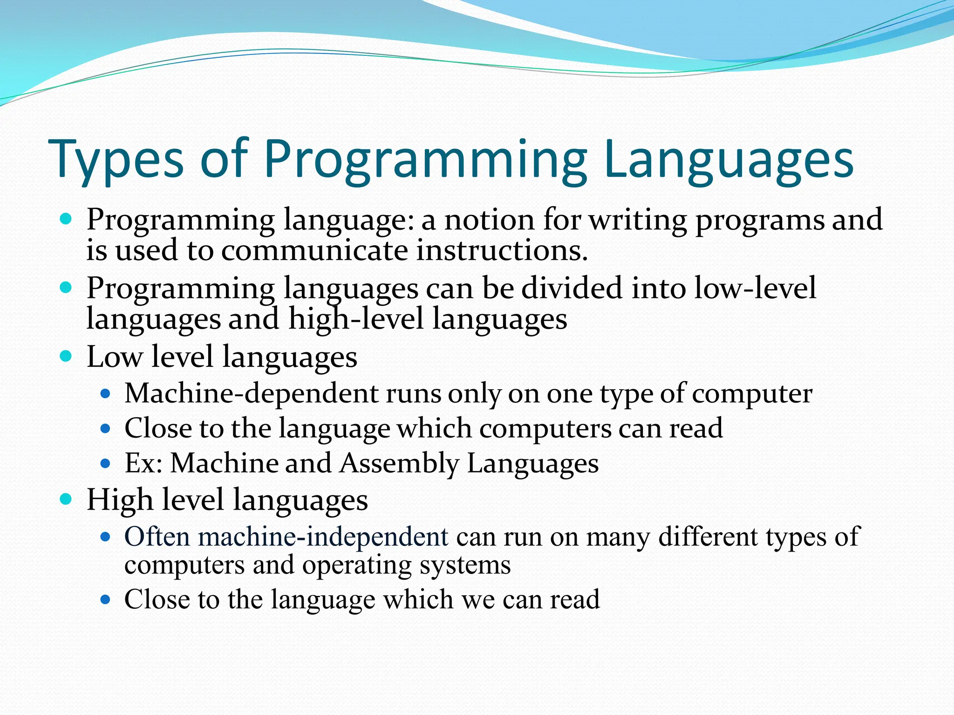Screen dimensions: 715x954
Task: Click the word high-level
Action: pos(356,319)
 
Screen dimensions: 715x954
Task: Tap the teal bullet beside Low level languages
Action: pos(66,357)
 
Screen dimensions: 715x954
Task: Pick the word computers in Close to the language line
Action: pos(545,429)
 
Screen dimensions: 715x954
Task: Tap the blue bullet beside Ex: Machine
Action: pos(105,464)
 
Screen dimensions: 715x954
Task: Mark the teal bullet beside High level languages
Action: pos(66,499)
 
